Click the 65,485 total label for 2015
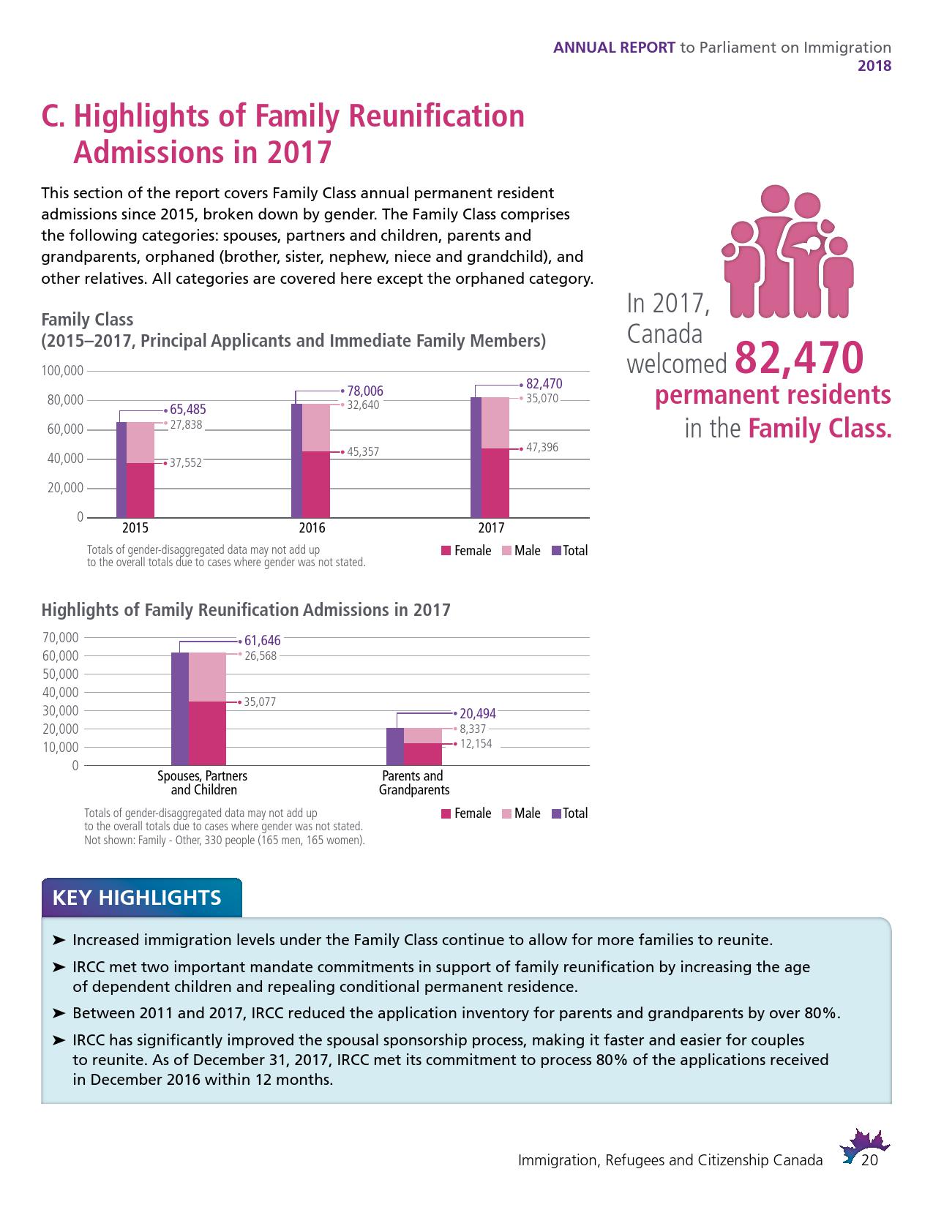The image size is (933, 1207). (187, 410)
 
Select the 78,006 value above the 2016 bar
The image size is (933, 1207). (365, 391)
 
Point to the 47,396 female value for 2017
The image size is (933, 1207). (542, 447)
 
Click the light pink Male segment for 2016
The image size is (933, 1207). (316, 427)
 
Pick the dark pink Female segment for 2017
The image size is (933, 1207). (495, 483)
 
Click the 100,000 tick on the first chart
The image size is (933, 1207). (63, 371)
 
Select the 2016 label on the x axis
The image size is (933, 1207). (312, 528)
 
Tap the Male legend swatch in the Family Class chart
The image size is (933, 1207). (506, 551)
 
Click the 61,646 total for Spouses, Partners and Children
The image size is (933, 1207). (263, 641)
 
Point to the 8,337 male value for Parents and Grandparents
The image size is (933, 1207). (473, 729)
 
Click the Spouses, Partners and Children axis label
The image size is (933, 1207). (203, 783)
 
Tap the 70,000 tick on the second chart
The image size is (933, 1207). (60, 637)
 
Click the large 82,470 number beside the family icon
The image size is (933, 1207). (798, 358)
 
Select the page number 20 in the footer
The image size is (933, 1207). (869, 1161)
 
